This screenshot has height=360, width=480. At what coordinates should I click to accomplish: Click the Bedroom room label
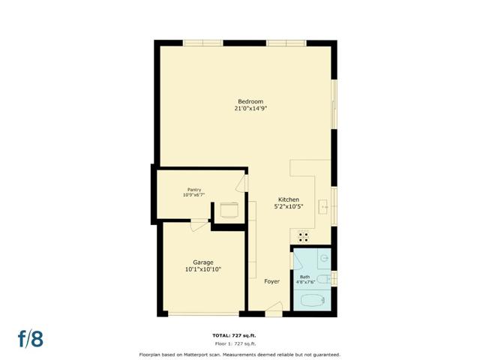250,101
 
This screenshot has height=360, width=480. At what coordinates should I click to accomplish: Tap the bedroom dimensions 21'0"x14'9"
250,109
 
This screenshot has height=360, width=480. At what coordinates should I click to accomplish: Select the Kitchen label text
289,199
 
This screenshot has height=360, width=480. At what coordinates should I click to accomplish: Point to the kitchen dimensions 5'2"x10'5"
289,206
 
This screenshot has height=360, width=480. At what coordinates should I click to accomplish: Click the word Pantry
194,190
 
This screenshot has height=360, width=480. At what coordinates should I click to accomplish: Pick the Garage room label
202,262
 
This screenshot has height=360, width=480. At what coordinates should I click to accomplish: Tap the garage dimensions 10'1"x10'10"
202,269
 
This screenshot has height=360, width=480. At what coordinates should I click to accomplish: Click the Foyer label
271,281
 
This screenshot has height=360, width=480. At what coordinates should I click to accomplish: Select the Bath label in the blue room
304,277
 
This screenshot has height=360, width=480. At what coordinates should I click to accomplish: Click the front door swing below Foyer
274,307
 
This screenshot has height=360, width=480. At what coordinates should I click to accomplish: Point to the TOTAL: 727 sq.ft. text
239,335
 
